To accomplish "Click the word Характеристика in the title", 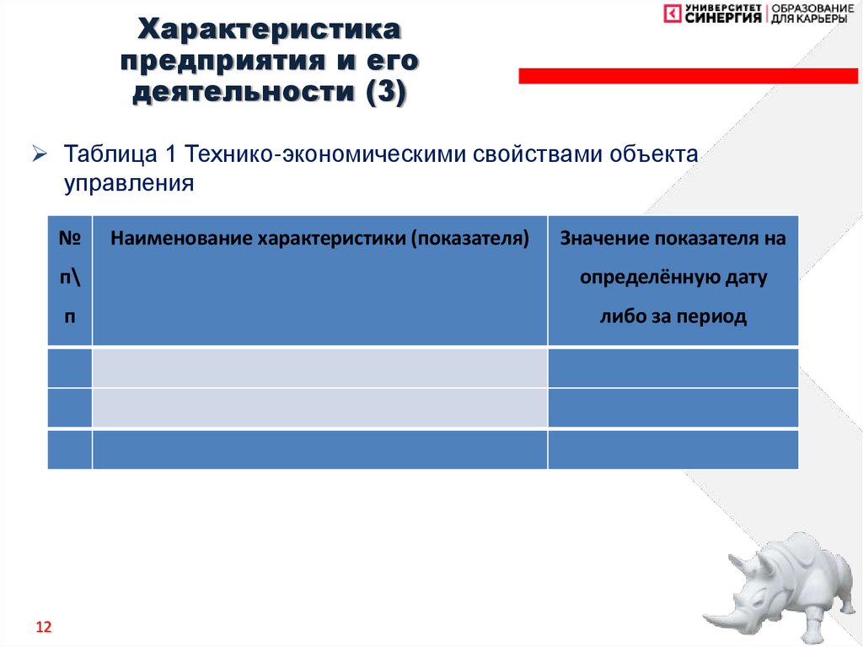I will [x=270, y=32].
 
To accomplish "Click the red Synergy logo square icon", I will [x=673, y=13].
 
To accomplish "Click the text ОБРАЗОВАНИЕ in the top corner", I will [x=812, y=8].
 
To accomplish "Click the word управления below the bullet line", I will [x=130, y=183].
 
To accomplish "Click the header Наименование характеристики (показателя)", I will [x=319, y=239].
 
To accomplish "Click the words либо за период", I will [x=673, y=317].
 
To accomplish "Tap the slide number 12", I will [x=43, y=628].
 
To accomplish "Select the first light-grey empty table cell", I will [x=319, y=368].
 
